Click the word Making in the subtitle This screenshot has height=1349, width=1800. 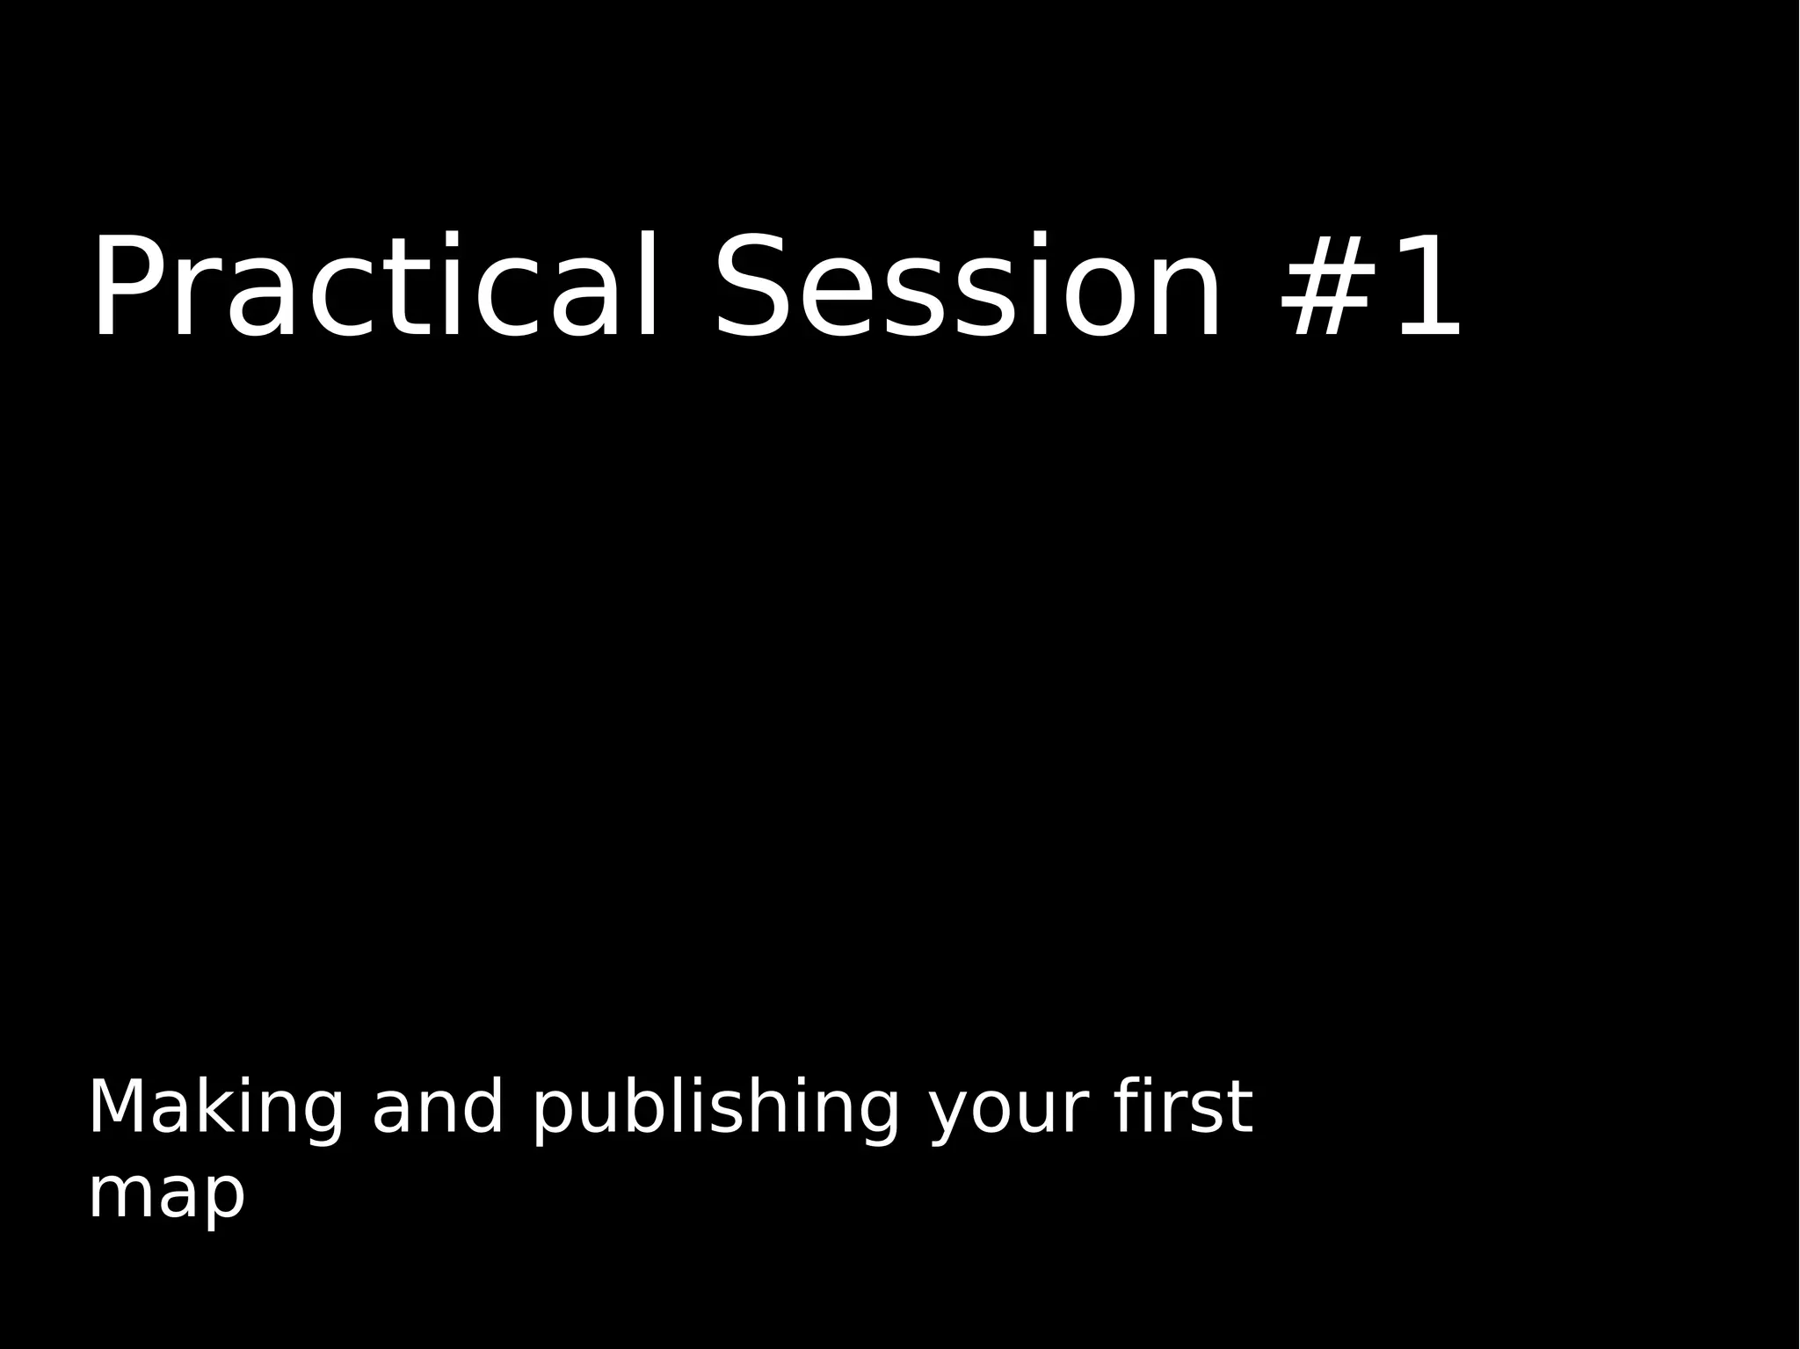[215, 1109]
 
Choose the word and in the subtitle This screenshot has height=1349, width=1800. [438, 1109]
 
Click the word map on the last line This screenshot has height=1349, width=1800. [166, 1195]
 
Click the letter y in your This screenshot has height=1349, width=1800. [951, 1116]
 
